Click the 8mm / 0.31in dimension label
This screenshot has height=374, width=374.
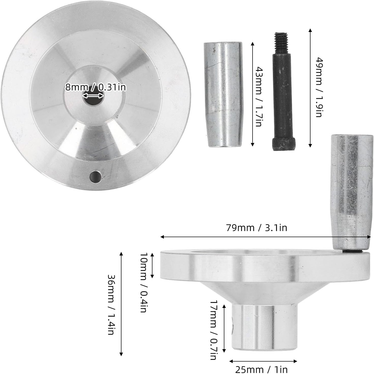click(96, 87)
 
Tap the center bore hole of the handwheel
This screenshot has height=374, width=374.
click(93, 101)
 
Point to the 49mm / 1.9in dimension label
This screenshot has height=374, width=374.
click(319, 87)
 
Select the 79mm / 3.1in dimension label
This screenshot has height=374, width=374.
click(257, 228)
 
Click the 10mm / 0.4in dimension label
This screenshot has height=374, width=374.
click(144, 282)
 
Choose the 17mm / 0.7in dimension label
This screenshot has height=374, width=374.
click(213, 330)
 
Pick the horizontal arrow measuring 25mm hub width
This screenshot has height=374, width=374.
click(263, 361)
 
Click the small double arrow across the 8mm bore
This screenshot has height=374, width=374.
click(93, 96)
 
